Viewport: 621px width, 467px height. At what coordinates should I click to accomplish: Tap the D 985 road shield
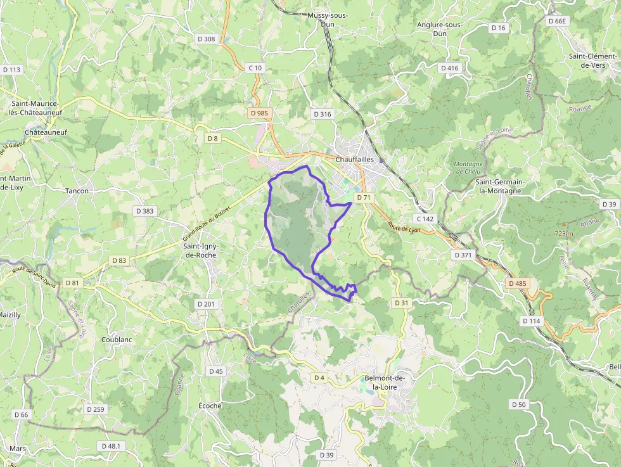click(x=259, y=113)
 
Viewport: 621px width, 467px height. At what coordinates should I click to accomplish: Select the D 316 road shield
click(x=322, y=114)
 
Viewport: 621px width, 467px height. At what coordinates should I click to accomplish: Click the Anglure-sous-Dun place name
click(x=440, y=29)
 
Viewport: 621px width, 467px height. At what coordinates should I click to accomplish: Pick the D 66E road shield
click(x=558, y=21)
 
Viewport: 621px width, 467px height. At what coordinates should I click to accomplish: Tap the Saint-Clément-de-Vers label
click(x=593, y=61)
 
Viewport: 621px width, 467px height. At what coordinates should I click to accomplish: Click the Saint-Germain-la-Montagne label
click(x=500, y=186)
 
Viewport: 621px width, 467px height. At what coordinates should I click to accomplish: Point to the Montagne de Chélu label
click(x=468, y=167)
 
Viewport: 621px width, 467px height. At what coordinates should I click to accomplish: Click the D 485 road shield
click(x=517, y=283)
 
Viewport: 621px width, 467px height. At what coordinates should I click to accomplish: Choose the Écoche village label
click(x=210, y=406)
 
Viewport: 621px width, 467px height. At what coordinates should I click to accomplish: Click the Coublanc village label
click(x=117, y=340)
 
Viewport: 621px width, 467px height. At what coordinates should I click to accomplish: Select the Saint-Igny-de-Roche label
click(x=199, y=250)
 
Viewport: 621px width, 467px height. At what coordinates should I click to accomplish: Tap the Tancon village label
click(x=77, y=191)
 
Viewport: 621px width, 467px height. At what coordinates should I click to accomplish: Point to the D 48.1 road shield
click(x=110, y=446)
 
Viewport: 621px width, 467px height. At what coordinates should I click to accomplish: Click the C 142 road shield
click(x=425, y=219)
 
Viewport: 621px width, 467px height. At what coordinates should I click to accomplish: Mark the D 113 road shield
click(x=12, y=70)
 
